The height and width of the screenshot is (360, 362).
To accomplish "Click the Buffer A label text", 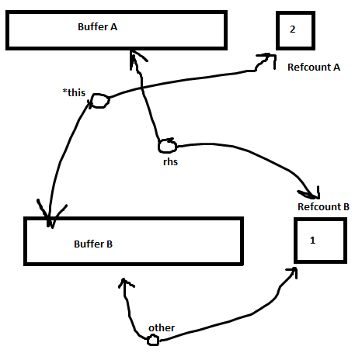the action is pyautogui.click(x=97, y=27).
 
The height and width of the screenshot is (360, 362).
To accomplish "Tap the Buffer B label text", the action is pyautogui.click(x=93, y=244).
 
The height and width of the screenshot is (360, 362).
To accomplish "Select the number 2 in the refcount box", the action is pyautogui.click(x=292, y=29).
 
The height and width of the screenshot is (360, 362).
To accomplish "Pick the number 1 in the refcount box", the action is pyautogui.click(x=312, y=241).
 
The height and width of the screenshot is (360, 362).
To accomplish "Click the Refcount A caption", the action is pyautogui.click(x=314, y=67).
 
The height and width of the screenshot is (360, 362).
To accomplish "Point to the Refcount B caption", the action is pyautogui.click(x=323, y=207).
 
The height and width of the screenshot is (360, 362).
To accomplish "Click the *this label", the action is pyautogui.click(x=74, y=92).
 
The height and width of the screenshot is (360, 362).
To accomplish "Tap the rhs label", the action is pyautogui.click(x=170, y=162).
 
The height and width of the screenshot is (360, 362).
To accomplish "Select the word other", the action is pyautogui.click(x=162, y=328).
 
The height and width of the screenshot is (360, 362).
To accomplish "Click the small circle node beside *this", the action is pyautogui.click(x=100, y=101).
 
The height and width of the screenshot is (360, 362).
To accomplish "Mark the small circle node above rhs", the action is pyautogui.click(x=168, y=146).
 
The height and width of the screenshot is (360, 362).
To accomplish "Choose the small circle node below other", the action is pyautogui.click(x=153, y=340).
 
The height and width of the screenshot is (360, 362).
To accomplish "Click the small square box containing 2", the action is pyautogui.click(x=295, y=30).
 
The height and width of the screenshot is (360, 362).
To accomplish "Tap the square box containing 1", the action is pyautogui.click(x=320, y=241).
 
